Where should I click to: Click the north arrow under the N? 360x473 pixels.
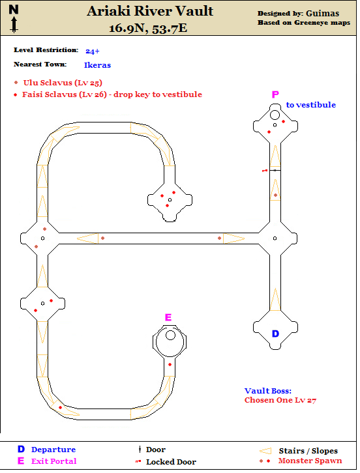[x=14, y=25]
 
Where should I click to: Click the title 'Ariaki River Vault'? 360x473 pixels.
[x=150, y=12]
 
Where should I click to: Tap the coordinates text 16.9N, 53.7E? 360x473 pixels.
[x=148, y=29]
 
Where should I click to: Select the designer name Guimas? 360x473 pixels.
[x=322, y=13]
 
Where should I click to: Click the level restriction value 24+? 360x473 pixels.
[x=93, y=51]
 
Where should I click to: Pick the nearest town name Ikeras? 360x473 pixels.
[x=97, y=65]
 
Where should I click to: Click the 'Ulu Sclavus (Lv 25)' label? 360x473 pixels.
[x=63, y=83]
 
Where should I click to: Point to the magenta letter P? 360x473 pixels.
[x=275, y=94]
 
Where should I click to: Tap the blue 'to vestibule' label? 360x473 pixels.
[x=311, y=105]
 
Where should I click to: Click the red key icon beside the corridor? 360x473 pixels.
[x=265, y=171]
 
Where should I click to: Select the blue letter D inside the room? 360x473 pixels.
[x=275, y=334]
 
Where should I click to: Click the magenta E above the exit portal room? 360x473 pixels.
[x=168, y=317]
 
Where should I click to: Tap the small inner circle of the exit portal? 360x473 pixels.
[x=170, y=335]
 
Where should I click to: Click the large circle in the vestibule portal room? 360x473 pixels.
[x=275, y=115]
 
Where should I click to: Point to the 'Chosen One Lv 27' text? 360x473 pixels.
[x=280, y=400]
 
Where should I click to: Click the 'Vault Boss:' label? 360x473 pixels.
[x=268, y=391]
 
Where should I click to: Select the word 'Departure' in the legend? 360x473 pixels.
[x=53, y=450]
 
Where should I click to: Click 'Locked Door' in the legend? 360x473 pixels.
[x=171, y=462]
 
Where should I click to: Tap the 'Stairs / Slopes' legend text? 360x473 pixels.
[x=308, y=451]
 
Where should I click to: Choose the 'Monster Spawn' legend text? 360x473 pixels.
[x=310, y=461]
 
